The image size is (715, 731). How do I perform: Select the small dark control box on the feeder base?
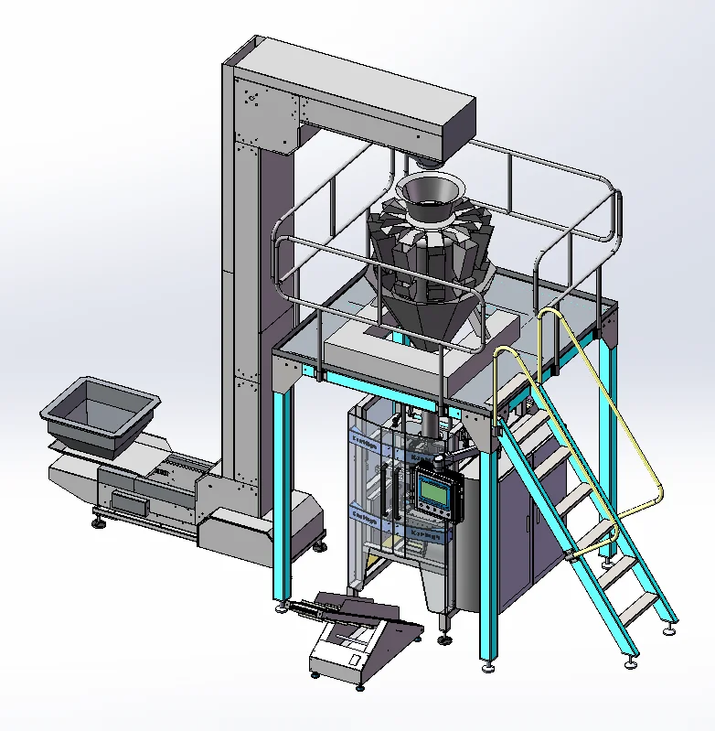(x=127, y=500)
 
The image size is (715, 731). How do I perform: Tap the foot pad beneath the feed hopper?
(x=97, y=523)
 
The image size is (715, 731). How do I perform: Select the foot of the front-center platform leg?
(x=489, y=665)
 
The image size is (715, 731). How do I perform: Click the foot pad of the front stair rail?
(x=630, y=663)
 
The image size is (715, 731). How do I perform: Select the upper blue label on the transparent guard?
(x=365, y=441)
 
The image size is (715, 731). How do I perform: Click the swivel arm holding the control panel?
(x=450, y=456)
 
